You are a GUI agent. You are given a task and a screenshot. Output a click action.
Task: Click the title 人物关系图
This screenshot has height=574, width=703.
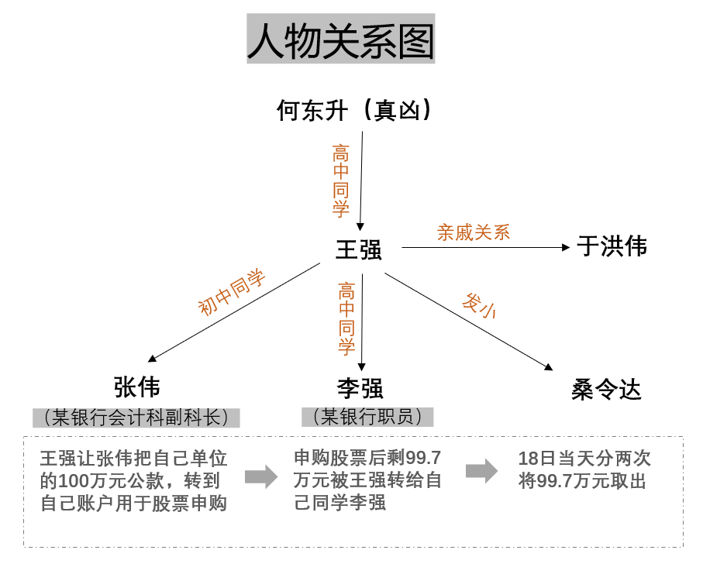point(341,40)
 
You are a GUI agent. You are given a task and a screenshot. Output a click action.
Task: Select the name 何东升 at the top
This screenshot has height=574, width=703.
point(312,111)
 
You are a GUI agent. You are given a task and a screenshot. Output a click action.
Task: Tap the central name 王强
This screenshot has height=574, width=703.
point(359,249)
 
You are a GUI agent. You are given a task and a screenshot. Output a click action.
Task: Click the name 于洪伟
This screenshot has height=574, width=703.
point(612,246)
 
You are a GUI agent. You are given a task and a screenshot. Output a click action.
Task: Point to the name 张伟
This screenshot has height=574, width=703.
point(136,387)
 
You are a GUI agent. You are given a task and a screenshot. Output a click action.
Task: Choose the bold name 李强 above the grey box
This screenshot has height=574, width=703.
point(360,389)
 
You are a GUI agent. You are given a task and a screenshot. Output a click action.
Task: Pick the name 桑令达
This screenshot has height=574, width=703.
point(606,390)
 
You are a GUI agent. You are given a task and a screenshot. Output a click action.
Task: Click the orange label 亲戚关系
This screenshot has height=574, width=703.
point(474,232)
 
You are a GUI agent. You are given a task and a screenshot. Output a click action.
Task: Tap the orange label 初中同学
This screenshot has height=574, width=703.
point(231,292)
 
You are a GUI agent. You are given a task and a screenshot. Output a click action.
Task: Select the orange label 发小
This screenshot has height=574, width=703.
point(479,306)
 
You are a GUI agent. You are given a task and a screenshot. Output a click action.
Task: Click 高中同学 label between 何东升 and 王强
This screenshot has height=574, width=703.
point(341,181)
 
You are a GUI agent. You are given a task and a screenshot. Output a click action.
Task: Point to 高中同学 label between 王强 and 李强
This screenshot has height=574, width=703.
point(346,318)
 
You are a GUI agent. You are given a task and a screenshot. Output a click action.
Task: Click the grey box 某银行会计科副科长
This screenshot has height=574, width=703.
point(136,418)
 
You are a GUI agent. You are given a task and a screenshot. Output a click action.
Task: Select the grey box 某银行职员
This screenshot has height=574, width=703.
point(367,418)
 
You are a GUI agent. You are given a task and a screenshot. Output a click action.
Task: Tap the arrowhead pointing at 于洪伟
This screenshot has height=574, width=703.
point(566,247)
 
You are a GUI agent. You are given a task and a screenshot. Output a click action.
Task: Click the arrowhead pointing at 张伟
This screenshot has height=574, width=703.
point(152,359)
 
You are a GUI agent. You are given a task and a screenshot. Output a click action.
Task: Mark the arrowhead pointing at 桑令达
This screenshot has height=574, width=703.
point(549,367)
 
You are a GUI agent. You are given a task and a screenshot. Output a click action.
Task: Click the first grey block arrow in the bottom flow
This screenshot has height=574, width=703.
point(261,476)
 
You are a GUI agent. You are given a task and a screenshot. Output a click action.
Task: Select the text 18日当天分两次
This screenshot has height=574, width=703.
point(584,459)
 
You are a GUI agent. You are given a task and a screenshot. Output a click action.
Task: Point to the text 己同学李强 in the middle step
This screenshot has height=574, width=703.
point(339,503)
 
